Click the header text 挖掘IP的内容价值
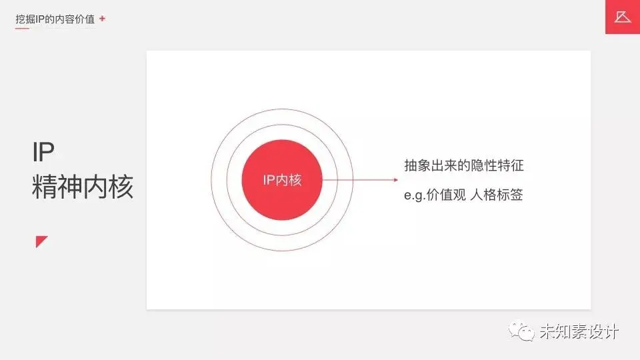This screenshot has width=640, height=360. (56, 19)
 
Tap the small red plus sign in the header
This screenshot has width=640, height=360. (102, 19)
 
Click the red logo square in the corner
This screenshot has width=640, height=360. (622, 17)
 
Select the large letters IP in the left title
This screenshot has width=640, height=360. (43, 153)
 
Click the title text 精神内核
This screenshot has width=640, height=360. (83, 187)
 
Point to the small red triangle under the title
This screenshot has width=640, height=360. (41, 241)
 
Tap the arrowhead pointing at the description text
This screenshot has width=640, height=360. (395, 180)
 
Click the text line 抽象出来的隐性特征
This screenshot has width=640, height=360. (468, 165)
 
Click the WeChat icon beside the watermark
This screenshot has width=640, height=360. (521, 331)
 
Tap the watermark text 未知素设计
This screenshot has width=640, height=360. (579, 331)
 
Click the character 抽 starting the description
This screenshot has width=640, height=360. (411, 165)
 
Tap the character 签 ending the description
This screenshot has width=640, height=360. (516, 196)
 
